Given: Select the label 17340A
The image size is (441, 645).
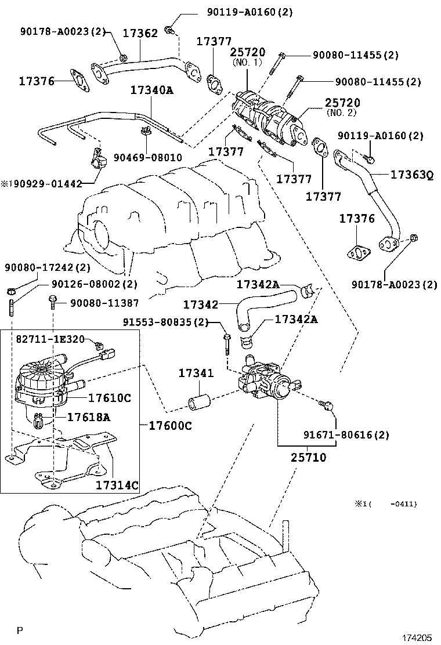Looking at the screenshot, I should (152, 90).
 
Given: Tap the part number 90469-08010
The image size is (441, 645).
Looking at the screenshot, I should (147, 157).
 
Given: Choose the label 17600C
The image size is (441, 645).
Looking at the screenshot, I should (170, 426).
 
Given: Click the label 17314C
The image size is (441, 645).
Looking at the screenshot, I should (117, 485).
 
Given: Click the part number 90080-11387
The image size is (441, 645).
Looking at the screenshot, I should (104, 303).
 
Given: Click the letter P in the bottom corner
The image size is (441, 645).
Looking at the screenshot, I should (20, 630).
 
